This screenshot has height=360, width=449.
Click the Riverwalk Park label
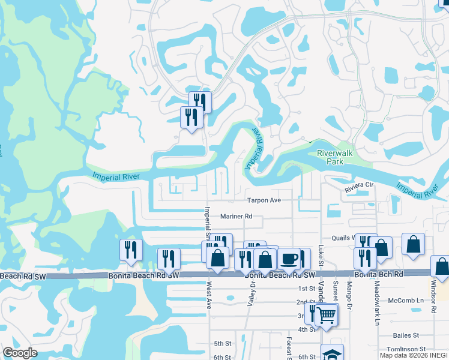click(333, 157)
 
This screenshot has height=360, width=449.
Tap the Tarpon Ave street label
click(265, 200)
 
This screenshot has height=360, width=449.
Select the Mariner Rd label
click(236, 216)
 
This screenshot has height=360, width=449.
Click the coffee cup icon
click(289, 259)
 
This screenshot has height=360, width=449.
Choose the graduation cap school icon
click(332, 354)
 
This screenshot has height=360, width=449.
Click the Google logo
click(20, 353)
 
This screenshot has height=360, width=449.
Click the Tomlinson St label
click(406, 349)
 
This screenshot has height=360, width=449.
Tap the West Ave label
click(209, 296)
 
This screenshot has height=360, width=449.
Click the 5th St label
click(222, 344)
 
